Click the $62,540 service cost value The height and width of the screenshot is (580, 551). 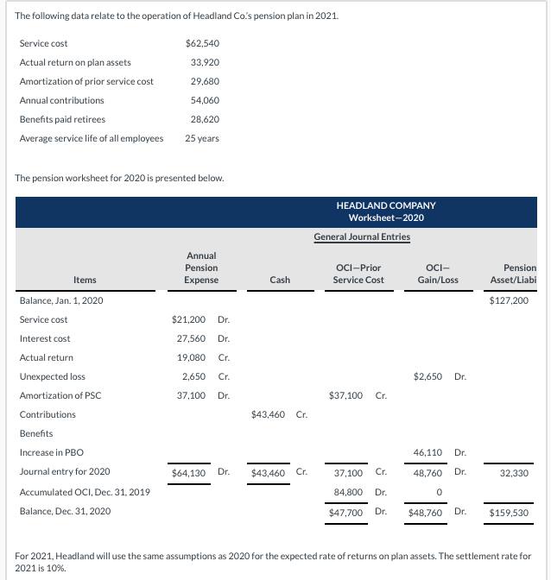(x=202, y=43)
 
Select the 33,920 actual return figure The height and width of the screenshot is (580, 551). (x=205, y=62)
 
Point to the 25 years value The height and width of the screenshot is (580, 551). (x=202, y=138)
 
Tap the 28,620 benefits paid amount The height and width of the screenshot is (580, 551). (x=205, y=119)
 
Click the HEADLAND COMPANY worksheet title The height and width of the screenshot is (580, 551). (x=386, y=205)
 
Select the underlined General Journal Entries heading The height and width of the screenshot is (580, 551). (x=362, y=236)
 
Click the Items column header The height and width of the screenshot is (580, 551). (x=85, y=280)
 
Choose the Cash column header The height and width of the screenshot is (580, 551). (x=279, y=280)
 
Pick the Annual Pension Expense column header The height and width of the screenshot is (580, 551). (x=201, y=268)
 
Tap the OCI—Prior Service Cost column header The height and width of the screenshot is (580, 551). (x=358, y=274)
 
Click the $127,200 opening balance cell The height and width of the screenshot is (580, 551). (x=508, y=300)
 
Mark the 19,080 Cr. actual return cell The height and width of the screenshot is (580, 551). (x=197, y=357)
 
